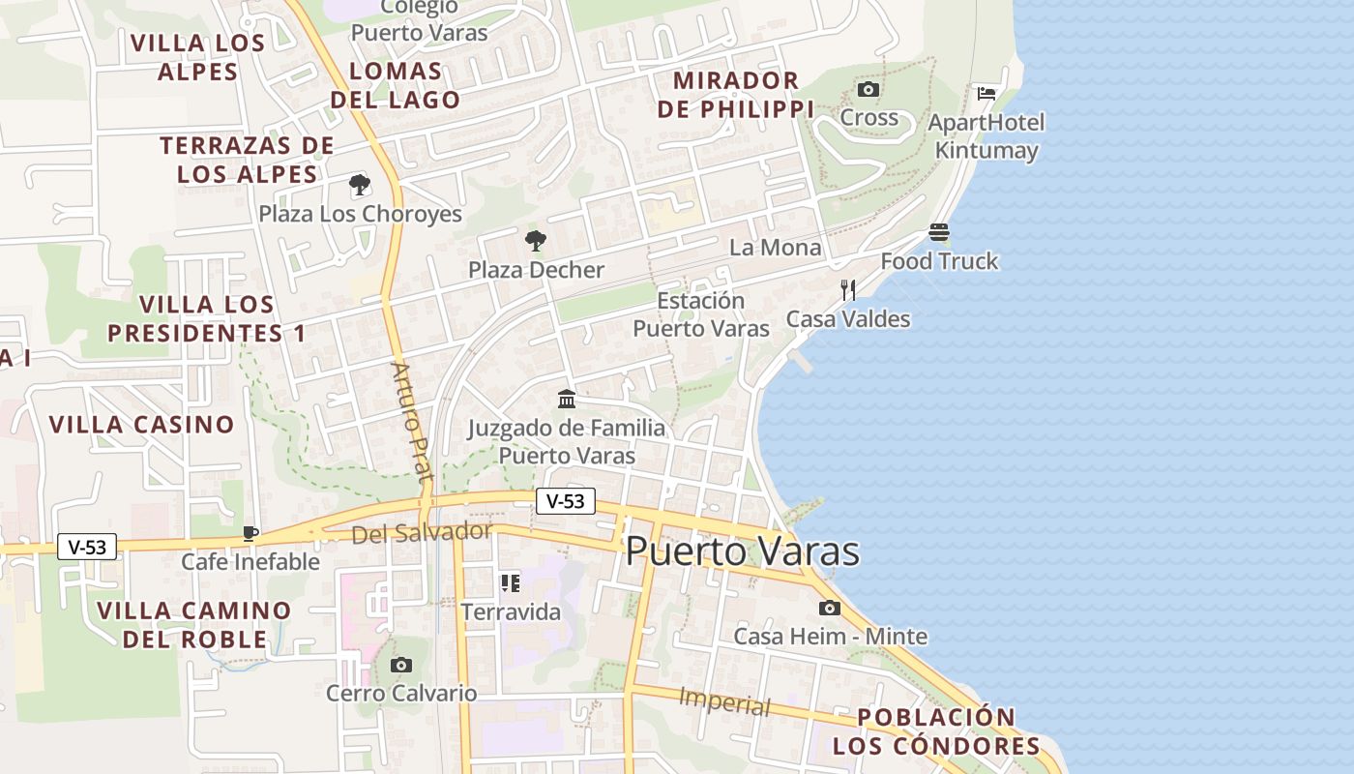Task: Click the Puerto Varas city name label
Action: (x=742, y=551)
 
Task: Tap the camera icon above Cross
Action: (x=868, y=90)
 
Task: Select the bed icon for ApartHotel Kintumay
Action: (x=986, y=94)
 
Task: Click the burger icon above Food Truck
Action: (x=939, y=233)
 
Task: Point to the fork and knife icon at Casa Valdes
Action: (x=848, y=289)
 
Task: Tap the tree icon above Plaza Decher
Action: (x=535, y=241)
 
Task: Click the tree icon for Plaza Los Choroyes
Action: (x=360, y=185)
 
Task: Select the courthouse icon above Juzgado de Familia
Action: (x=567, y=399)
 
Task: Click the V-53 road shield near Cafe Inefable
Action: (x=87, y=547)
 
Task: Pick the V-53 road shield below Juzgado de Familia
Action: (x=566, y=501)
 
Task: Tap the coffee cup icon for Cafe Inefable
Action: (x=250, y=533)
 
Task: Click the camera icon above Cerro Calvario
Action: (x=401, y=665)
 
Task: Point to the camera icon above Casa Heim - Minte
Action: (x=829, y=609)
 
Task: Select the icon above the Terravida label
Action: (x=510, y=582)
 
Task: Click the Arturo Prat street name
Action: (x=410, y=420)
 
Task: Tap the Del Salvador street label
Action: (x=422, y=533)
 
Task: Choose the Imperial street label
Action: (x=724, y=701)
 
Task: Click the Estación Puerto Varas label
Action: (x=701, y=314)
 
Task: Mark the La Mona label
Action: (x=775, y=248)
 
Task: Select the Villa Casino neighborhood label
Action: (x=141, y=425)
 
